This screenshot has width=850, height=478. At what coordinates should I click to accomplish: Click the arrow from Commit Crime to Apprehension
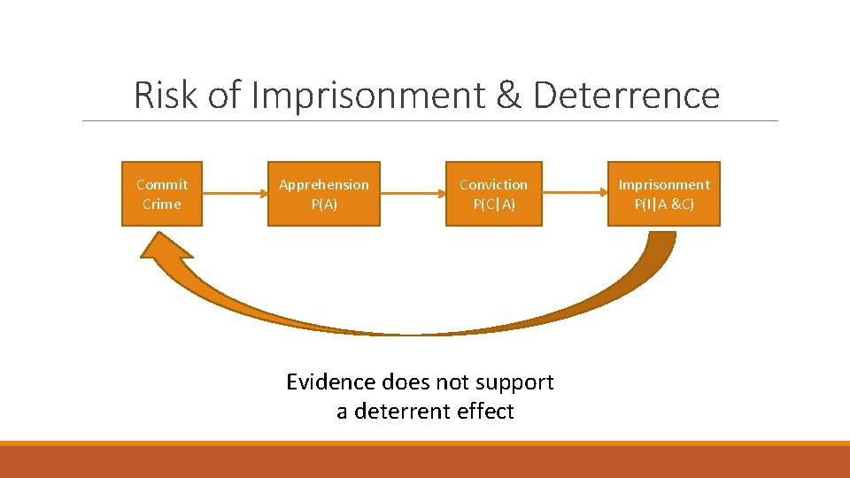tap(235, 194)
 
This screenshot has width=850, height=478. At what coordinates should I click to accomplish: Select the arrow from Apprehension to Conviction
tap(413, 194)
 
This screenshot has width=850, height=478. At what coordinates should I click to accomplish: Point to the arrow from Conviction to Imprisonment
tap(574, 194)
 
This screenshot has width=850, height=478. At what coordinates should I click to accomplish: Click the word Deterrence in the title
tap(627, 95)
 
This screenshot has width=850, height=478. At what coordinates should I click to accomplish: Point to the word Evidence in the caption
tap(330, 382)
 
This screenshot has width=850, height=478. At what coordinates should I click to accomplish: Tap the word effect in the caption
tap(489, 412)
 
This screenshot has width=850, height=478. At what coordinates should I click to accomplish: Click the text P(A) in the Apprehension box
tap(324, 204)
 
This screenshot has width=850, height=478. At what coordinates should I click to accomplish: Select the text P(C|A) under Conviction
tap(493, 204)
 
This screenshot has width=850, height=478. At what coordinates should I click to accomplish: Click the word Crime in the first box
tap(162, 204)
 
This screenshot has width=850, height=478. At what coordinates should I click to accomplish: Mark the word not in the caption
tap(446, 382)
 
